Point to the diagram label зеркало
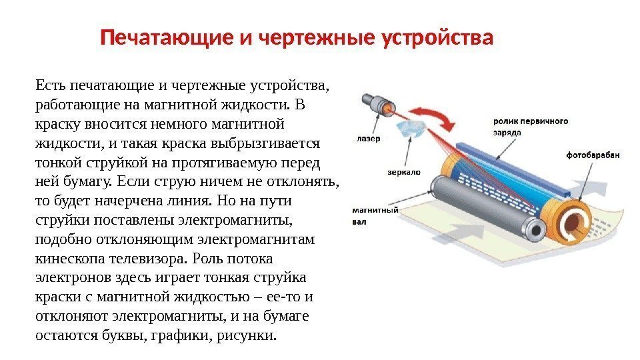403,171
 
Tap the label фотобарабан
593,155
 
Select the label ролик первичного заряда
530,127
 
